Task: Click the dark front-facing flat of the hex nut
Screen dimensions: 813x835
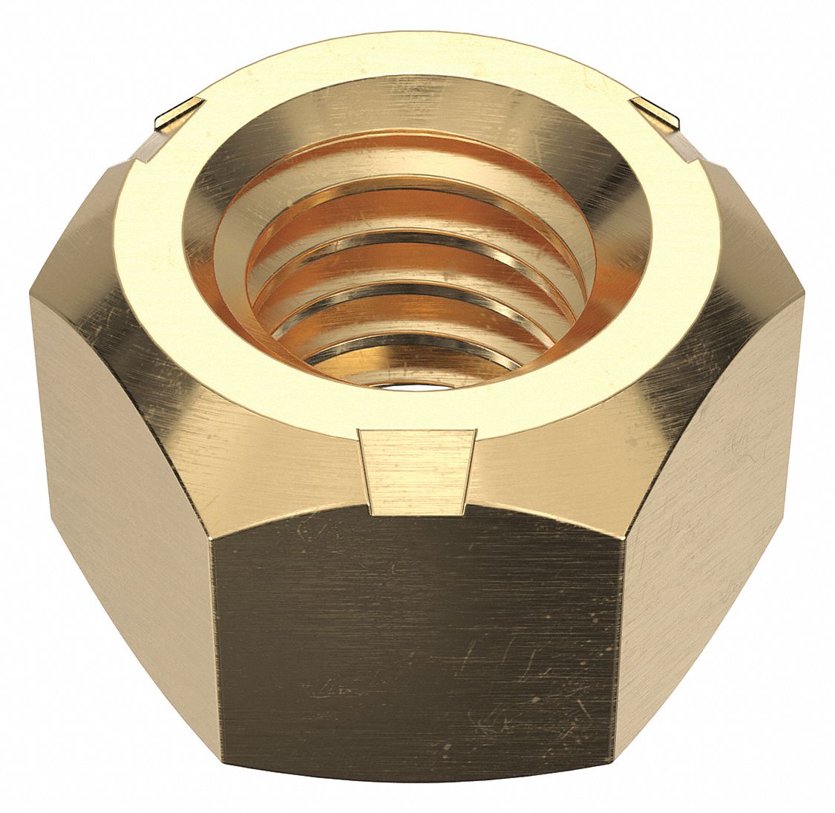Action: (x=416, y=639)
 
